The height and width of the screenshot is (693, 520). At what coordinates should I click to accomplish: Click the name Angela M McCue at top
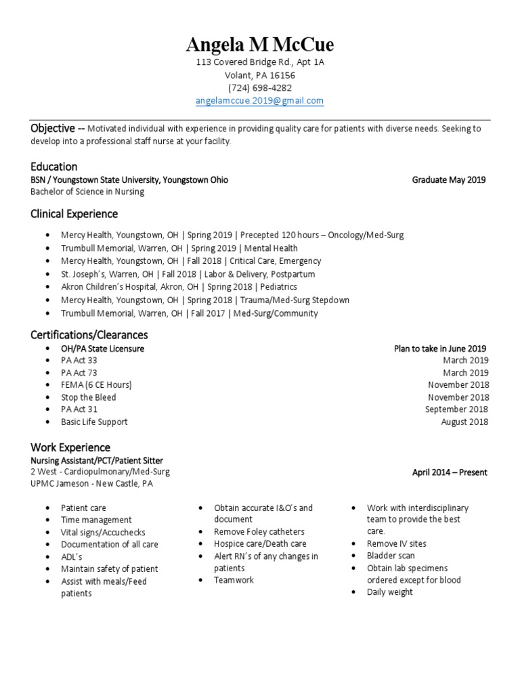pos(259,45)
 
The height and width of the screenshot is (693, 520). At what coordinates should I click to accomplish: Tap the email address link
pos(259,101)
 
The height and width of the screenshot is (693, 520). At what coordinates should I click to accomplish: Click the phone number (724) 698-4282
pos(260,88)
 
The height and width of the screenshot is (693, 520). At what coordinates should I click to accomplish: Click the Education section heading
pos(54,166)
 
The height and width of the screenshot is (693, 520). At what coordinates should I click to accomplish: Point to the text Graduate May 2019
pos(448,180)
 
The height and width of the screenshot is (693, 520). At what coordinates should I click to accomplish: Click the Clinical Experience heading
pos(74,214)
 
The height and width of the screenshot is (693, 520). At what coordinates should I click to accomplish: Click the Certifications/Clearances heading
pos(89,335)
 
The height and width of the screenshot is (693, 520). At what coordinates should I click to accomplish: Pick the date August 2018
pos(464,422)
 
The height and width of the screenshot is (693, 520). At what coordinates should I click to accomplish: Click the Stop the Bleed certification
pos(88,397)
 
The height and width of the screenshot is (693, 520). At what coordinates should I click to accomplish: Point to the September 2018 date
pos(456,409)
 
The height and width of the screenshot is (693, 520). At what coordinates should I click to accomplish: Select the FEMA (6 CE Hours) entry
pos(96,385)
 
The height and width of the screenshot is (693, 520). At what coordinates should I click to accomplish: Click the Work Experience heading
pos(70,447)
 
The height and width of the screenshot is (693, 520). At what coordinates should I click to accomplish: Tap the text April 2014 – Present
pos(450,472)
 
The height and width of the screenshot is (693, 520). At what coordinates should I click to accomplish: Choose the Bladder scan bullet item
pos(391,556)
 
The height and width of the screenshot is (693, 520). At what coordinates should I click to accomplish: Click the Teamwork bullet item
pos(234,580)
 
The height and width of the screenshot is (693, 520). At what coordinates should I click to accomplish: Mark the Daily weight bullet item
pos(389,592)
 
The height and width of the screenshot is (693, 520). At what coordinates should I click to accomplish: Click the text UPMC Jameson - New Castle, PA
pos(96,484)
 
